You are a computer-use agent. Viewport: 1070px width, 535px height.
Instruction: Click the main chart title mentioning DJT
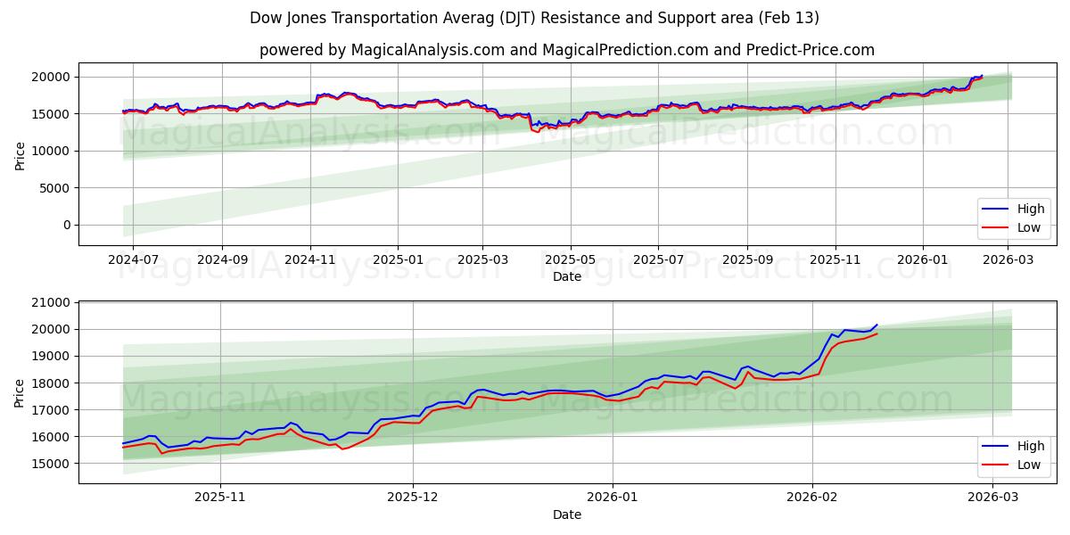[x=534, y=18]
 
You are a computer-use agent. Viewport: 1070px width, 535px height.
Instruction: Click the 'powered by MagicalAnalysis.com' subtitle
[x=566, y=50]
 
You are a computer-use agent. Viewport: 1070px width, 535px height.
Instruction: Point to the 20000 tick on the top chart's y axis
[x=52, y=77]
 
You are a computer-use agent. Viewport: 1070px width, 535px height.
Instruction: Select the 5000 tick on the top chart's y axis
[x=55, y=188]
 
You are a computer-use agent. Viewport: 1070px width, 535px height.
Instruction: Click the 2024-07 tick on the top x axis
[x=133, y=259]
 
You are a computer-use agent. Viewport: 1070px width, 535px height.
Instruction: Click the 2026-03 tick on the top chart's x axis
[x=1008, y=259]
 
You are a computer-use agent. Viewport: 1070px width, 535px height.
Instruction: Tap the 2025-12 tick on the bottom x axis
[x=413, y=497]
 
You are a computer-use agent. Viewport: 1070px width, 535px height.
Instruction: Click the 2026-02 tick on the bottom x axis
[x=812, y=497]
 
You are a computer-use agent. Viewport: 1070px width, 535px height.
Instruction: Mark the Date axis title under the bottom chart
[x=566, y=514]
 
